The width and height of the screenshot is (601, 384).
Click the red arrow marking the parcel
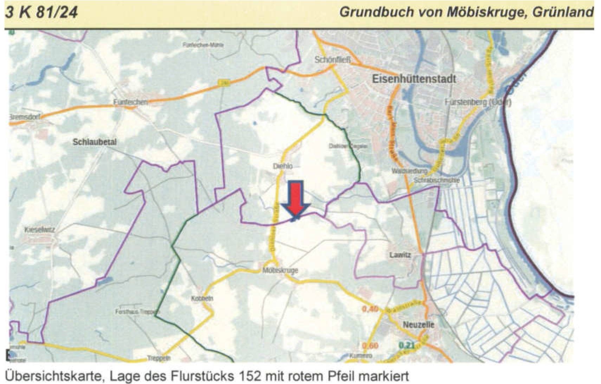(296, 199)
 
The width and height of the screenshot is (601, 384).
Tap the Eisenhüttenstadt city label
(414, 78)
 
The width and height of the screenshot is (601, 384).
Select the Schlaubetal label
(94, 142)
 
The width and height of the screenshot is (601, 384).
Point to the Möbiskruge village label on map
(280, 270)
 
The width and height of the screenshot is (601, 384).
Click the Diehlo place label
(283, 166)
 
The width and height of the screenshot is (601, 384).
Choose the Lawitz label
(400, 254)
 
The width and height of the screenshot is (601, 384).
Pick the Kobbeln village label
(202, 298)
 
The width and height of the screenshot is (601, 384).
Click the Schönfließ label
(332, 60)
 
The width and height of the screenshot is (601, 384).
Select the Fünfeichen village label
(130, 102)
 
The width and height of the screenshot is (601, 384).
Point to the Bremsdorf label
(24, 117)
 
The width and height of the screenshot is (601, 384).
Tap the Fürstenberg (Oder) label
(478, 102)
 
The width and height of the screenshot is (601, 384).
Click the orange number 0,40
(370, 309)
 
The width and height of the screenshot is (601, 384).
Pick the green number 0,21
(407, 345)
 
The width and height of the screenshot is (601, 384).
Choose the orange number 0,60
(370, 346)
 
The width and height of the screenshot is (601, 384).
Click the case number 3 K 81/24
(41, 13)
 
